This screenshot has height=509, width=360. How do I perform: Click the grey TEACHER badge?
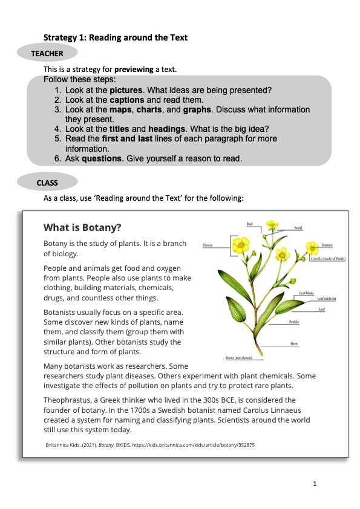(47, 53)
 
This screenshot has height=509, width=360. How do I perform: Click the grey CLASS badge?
(47, 182)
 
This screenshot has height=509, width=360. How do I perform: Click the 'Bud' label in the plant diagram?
(249, 224)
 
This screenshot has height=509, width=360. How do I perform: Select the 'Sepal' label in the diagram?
(298, 228)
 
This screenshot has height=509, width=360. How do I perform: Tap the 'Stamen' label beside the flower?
(327, 245)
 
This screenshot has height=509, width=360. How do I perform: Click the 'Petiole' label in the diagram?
(295, 322)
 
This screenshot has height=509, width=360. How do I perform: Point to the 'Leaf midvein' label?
(326, 299)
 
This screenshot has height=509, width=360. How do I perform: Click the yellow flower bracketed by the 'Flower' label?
(241, 245)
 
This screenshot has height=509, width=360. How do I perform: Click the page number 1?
(315, 484)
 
